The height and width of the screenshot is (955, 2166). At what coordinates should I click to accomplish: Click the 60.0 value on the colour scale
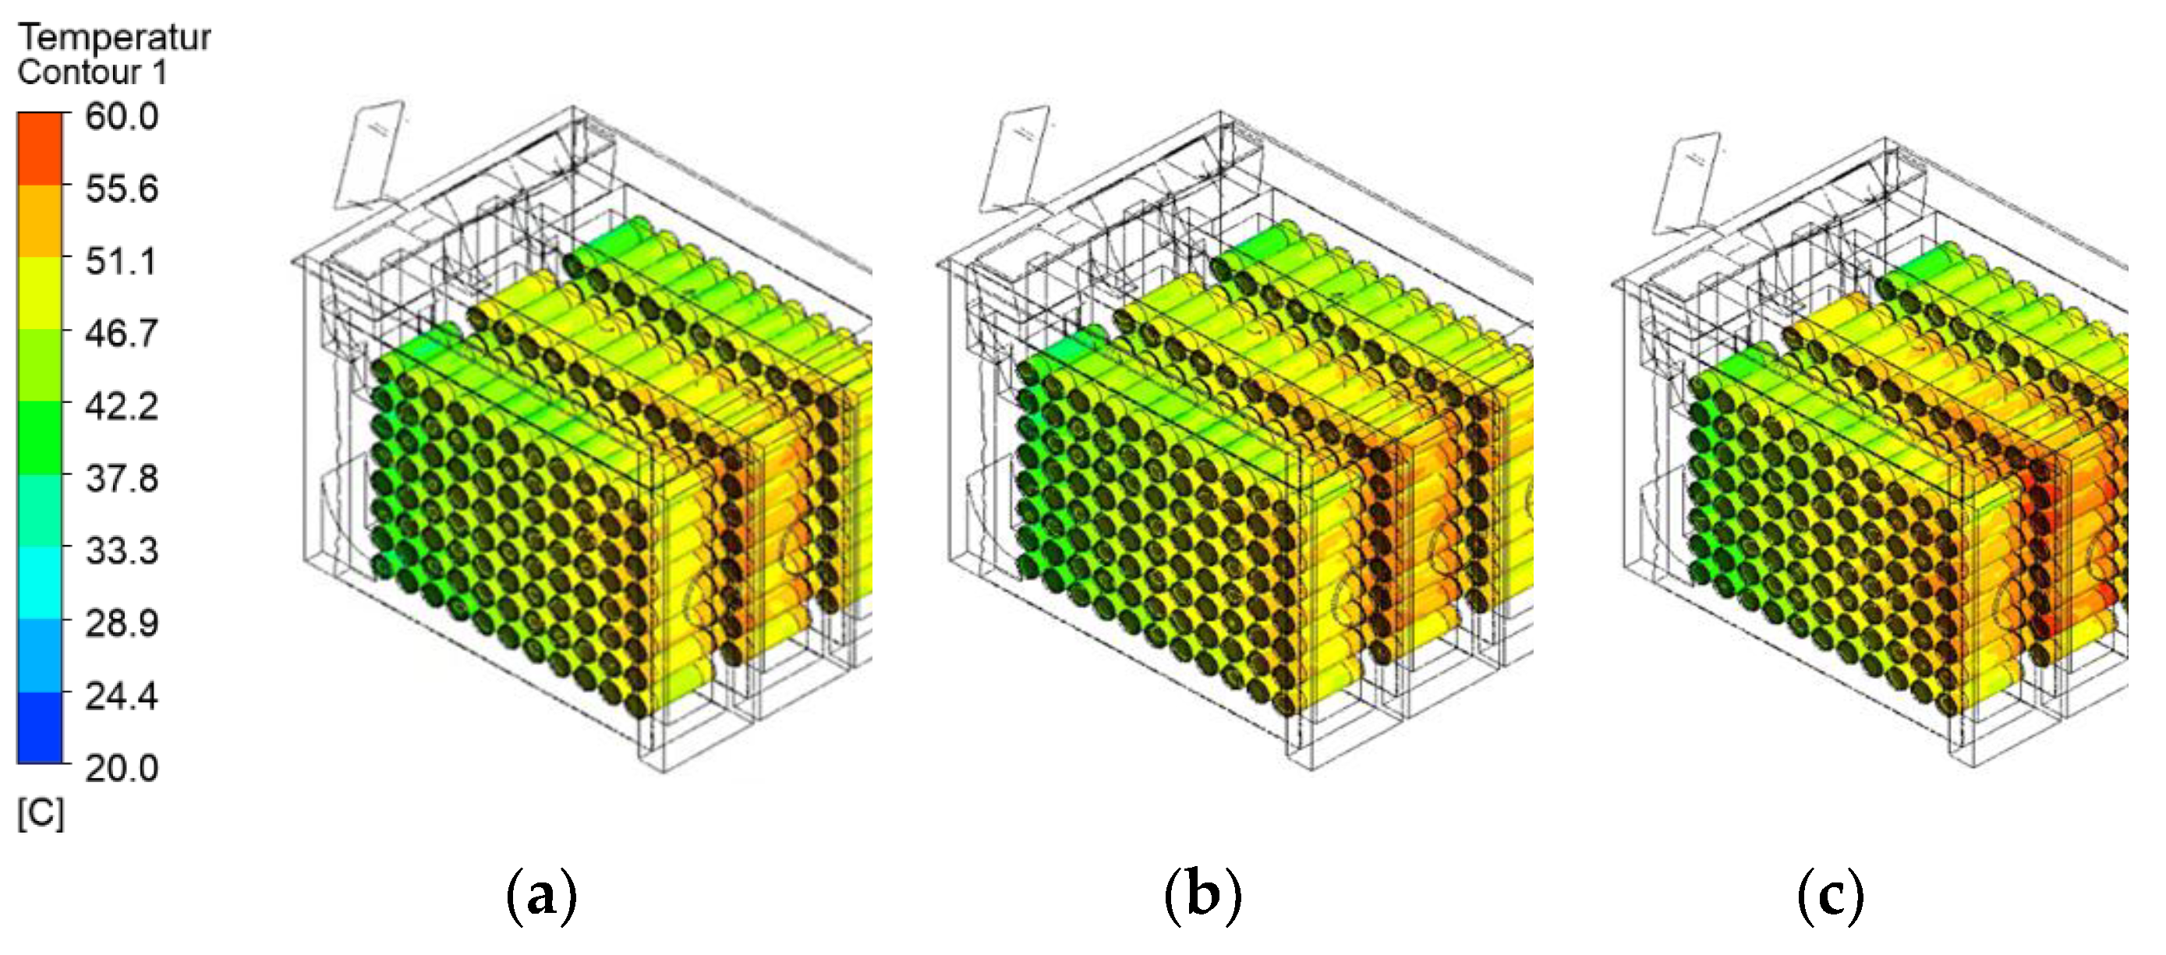click(121, 116)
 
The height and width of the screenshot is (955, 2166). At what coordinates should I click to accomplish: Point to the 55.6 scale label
click(121, 189)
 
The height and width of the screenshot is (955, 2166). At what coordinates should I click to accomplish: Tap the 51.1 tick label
click(121, 261)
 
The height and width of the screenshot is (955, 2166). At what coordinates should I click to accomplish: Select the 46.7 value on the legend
click(121, 334)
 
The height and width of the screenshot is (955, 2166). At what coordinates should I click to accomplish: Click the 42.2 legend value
click(121, 406)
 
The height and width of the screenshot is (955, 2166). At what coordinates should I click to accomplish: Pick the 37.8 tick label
click(121, 479)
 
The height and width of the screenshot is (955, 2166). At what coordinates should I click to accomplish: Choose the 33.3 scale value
click(121, 550)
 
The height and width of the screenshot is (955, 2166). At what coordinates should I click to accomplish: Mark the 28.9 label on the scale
click(121, 623)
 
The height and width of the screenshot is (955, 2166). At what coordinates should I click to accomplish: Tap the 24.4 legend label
click(121, 696)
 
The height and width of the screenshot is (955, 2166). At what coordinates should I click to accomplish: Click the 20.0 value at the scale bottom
click(121, 769)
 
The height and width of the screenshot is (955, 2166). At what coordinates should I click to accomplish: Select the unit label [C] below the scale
click(41, 814)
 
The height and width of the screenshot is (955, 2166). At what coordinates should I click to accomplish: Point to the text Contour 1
click(93, 73)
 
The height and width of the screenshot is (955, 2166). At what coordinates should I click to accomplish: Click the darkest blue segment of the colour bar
click(40, 728)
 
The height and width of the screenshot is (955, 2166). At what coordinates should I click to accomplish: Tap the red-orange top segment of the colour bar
click(40, 148)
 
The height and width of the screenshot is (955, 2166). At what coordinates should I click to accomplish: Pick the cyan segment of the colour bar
click(40, 582)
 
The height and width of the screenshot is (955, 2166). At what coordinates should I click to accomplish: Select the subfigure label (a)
click(541, 897)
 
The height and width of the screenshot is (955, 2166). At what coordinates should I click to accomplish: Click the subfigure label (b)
click(1202, 897)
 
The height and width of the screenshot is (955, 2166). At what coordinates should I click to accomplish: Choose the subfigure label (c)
click(1831, 897)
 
